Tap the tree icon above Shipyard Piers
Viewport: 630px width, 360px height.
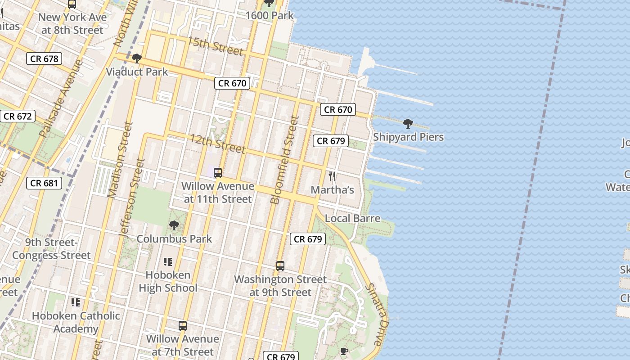tap(408, 123)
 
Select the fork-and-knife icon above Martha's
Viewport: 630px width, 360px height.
tap(333, 176)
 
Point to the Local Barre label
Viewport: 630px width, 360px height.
tap(352, 218)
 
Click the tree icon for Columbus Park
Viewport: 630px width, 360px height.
tap(174, 225)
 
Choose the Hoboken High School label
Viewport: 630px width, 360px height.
tap(168, 281)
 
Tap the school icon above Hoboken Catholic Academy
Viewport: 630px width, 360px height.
tap(76, 302)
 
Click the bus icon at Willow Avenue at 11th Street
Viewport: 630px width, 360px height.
tap(218, 172)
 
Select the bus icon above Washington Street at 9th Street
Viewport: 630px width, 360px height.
tap(280, 266)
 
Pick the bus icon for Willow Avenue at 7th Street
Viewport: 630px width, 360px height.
tap(183, 326)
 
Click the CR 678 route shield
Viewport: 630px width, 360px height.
tap(44, 58)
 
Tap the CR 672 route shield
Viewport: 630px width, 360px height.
tap(18, 117)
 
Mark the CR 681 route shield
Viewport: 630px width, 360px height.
tap(44, 183)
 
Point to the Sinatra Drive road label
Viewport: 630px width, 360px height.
tap(376, 314)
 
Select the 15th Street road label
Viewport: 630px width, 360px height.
tap(215, 46)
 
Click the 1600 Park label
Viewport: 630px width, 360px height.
tap(269, 15)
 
